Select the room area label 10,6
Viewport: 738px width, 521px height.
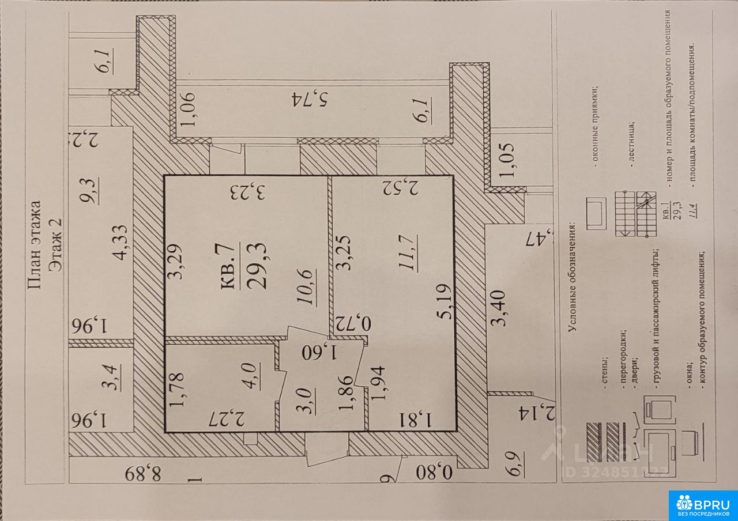coord(306,288)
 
